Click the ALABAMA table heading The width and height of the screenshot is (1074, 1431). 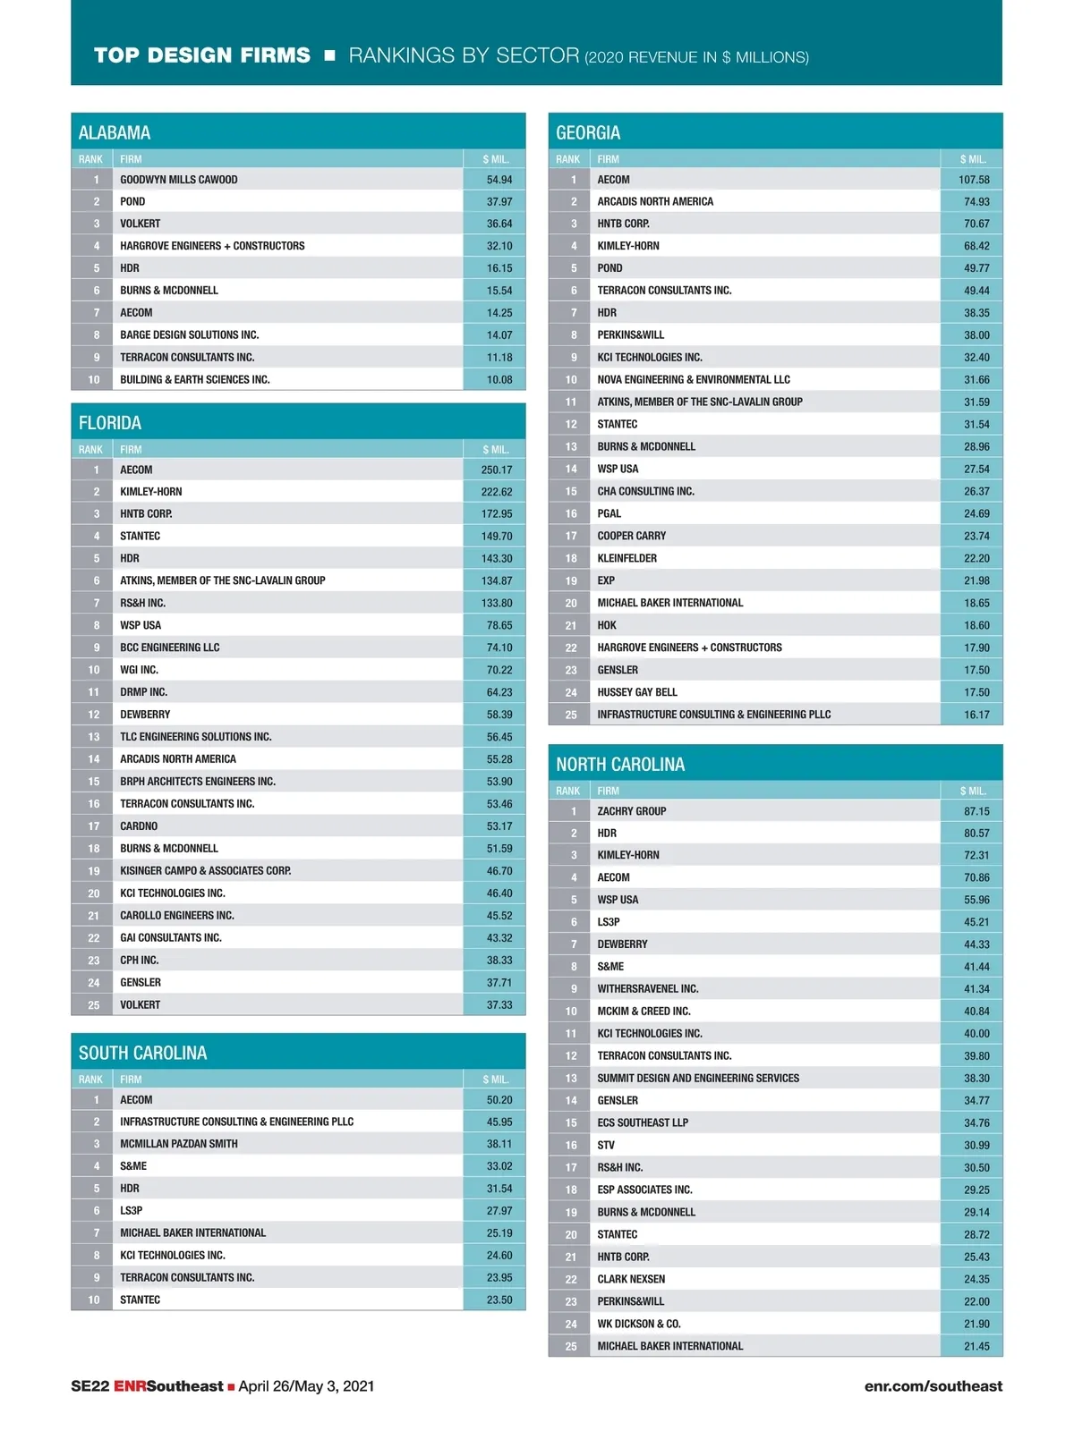click(115, 132)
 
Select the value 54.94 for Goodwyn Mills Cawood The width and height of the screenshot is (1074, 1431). click(499, 180)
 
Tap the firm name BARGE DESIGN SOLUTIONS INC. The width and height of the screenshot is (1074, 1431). click(189, 335)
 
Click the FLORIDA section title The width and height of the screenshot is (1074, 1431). click(110, 423)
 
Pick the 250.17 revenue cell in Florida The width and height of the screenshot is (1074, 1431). click(497, 470)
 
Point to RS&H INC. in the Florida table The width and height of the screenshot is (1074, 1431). click(143, 603)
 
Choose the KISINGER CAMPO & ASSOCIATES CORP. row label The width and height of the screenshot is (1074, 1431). click(205, 870)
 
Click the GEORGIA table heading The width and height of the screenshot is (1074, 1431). click(588, 132)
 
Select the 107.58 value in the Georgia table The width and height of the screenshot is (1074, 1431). click(974, 180)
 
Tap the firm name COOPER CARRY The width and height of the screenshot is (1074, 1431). click(632, 536)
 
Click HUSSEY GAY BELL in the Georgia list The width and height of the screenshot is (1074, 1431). click(637, 692)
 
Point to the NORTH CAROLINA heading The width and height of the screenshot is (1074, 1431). click(620, 765)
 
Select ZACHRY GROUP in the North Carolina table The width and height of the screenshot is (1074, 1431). click(632, 811)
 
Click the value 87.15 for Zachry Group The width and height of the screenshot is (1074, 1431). click(976, 811)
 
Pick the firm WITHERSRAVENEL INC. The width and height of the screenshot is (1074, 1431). click(648, 989)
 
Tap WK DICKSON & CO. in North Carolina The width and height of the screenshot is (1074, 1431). click(639, 1324)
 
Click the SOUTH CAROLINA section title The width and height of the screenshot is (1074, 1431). click(142, 1053)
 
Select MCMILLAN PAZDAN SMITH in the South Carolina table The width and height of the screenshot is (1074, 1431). click(179, 1144)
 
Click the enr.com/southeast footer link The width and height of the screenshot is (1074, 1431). click(933, 1386)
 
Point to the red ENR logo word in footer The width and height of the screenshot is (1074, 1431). click(130, 1386)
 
